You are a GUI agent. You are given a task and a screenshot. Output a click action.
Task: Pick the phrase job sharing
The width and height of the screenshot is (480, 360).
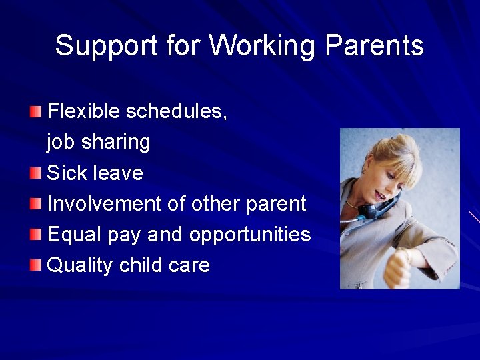pyautogui.click(x=99, y=142)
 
